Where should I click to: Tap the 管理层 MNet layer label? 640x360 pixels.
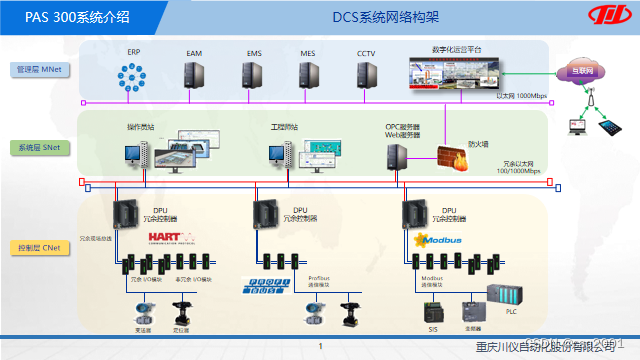(38, 70)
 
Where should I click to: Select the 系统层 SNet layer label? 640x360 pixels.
(38, 146)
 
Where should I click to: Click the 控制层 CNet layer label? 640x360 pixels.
(38, 246)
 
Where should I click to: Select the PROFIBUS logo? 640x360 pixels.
(262, 287)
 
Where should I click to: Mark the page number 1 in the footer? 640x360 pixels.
(320, 347)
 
